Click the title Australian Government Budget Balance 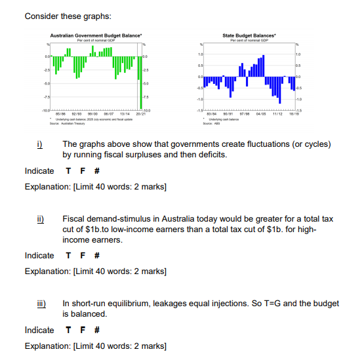(97, 33)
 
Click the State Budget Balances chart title (250, 33)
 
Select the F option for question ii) (82, 256)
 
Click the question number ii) (41, 216)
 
